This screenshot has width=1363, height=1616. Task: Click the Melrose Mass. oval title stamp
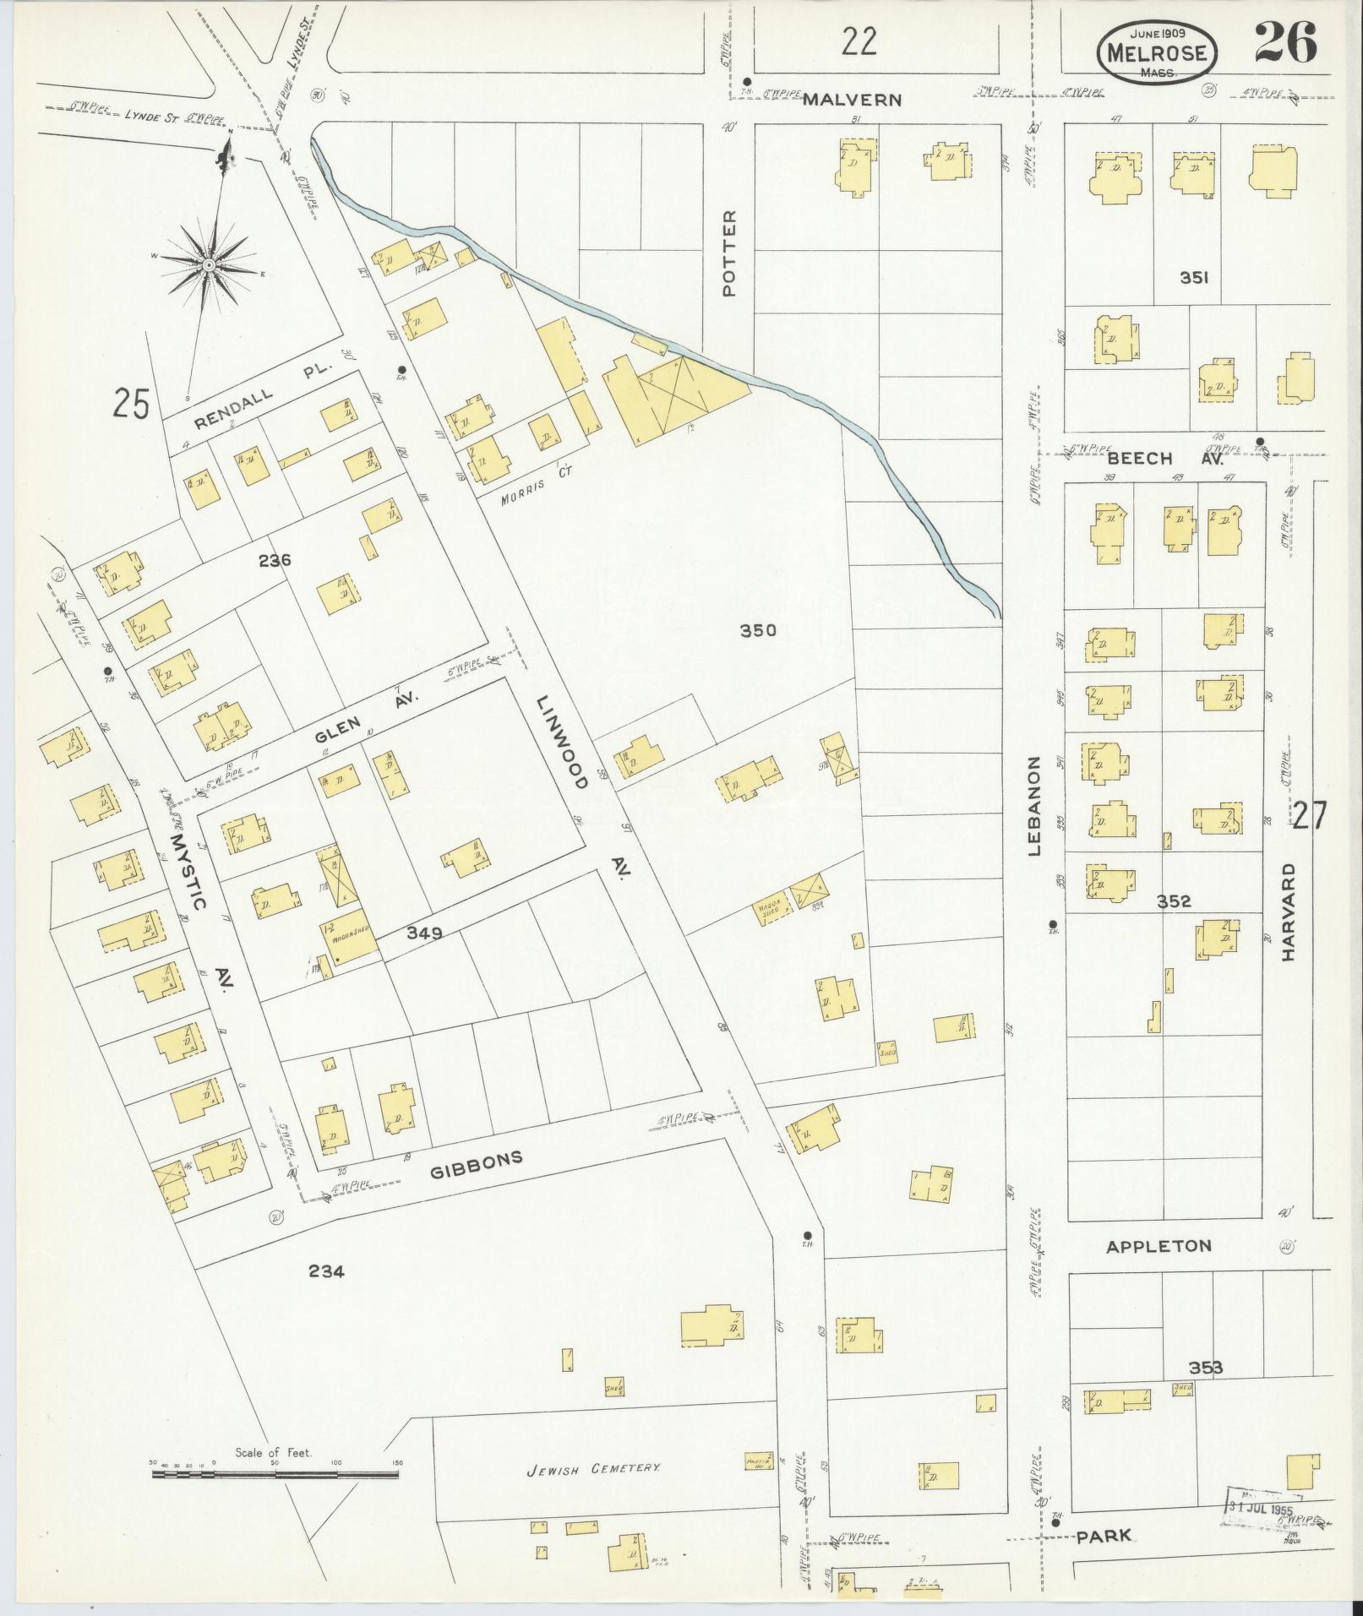click(x=1158, y=52)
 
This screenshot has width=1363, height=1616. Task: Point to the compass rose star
click(x=207, y=264)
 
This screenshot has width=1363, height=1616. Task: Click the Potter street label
click(x=729, y=253)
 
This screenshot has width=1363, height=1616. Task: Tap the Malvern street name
click(x=852, y=100)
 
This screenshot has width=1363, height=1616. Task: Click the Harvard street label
click(x=1288, y=911)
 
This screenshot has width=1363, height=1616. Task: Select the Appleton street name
click(x=1159, y=1246)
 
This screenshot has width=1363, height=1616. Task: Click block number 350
click(x=757, y=630)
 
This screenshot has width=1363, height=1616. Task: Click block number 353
click(x=1206, y=1367)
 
